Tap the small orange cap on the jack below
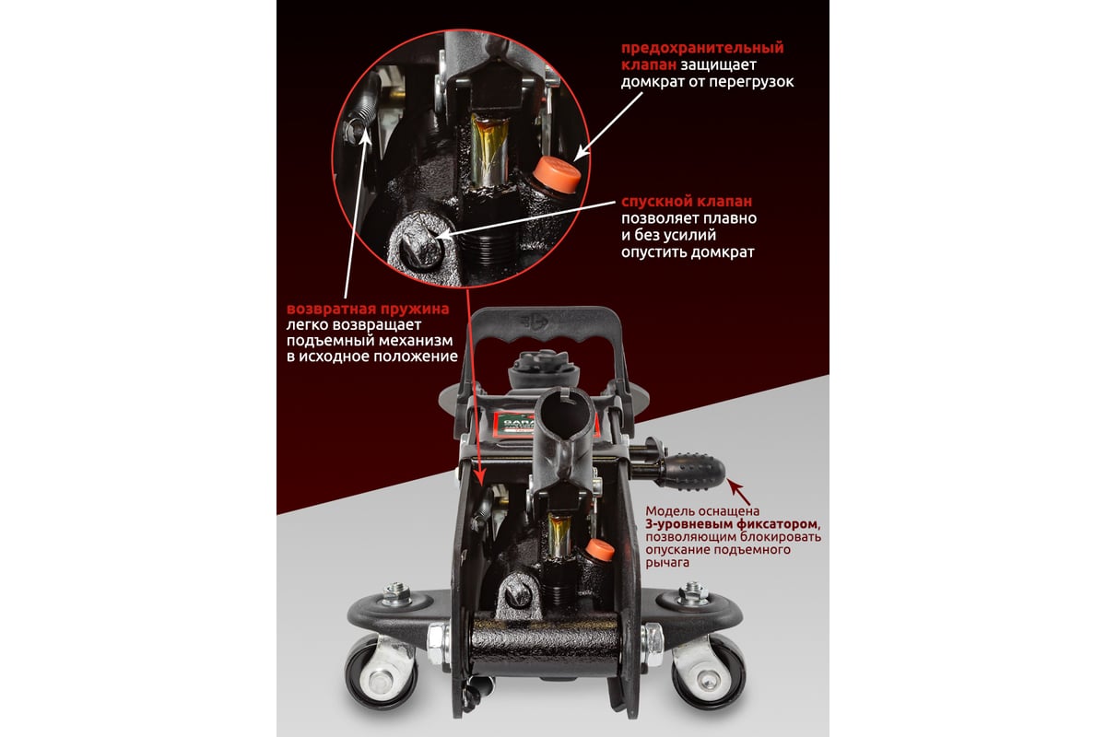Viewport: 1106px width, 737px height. point(600,549)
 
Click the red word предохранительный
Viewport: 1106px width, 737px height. point(702,48)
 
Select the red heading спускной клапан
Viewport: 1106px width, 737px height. point(687,202)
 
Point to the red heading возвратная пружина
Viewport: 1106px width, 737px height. point(368,309)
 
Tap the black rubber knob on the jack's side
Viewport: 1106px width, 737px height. point(694,473)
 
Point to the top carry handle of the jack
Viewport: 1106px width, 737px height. point(544,326)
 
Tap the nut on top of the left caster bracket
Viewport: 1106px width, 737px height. point(396,594)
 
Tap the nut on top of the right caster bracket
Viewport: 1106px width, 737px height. point(693,593)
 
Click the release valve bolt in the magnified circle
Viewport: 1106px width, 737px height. point(418,245)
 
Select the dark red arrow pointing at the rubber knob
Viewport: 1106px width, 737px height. point(739,493)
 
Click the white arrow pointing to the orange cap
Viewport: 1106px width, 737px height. point(608,125)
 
